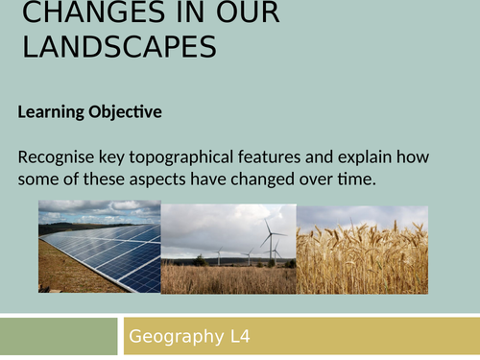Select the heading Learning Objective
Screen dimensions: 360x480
tap(90, 112)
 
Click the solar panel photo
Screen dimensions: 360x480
tap(100, 247)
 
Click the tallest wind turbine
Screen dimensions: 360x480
tap(271, 238)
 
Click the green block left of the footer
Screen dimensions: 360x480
tap(58, 337)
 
